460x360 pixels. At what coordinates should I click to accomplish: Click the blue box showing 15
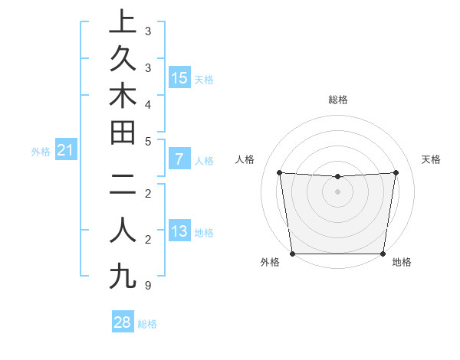[179, 78]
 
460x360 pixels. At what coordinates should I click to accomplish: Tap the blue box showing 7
[179, 160]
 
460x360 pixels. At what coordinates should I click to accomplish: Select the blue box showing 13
[179, 232]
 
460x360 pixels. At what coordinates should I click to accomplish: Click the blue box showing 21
[66, 151]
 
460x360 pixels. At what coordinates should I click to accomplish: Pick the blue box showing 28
[123, 322]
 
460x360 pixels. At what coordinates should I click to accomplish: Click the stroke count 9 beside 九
[147, 286]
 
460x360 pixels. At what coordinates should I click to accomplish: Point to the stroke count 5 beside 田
[147, 141]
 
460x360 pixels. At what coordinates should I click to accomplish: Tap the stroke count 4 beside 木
[147, 103]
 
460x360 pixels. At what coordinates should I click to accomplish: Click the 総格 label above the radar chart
[338, 99]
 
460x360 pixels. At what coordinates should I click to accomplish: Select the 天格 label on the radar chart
[432, 159]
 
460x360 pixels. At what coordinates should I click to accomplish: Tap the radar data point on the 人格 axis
[279, 172]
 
